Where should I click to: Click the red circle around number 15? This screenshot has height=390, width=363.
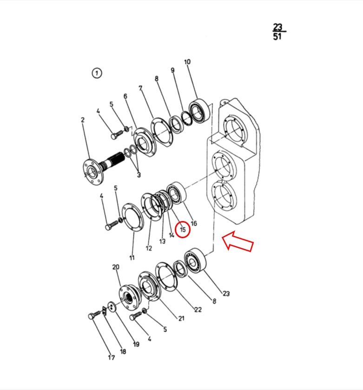point(183,222)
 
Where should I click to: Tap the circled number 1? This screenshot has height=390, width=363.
point(97,73)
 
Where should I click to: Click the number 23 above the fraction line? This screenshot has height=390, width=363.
point(277,27)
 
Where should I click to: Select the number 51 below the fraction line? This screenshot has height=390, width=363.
point(277,37)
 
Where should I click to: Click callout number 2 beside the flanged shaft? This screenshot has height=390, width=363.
point(83,120)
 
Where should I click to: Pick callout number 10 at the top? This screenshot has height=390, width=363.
point(187,62)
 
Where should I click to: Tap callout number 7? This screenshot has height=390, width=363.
point(140,88)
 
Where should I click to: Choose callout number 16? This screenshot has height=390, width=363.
point(194,223)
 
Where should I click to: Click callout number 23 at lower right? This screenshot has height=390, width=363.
point(226,294)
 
